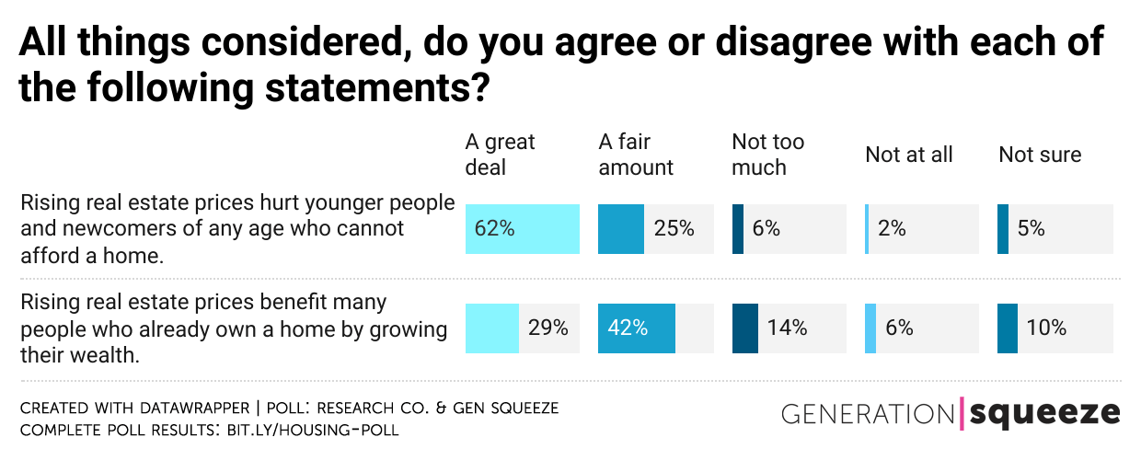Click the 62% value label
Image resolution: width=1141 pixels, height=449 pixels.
tap(495, 229)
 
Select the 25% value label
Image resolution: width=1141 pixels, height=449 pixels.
tap(674, 229)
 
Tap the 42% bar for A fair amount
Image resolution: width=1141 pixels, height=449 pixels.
tap(637, 328)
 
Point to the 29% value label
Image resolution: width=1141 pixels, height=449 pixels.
tap(547, 328)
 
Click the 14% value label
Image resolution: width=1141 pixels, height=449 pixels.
tap(787, 328)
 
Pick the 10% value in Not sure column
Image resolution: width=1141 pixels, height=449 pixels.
tap(1047, 328)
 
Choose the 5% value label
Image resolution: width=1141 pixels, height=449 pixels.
tap(1031, 229)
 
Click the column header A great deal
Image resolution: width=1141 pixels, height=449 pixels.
tap(500, 155)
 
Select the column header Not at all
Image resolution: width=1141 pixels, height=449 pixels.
tap(908, 155)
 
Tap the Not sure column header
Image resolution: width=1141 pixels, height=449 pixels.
tap(1040, 155)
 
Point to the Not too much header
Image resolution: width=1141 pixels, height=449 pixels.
tap(767, 155)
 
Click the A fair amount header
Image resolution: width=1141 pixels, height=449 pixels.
tap(636, 155)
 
